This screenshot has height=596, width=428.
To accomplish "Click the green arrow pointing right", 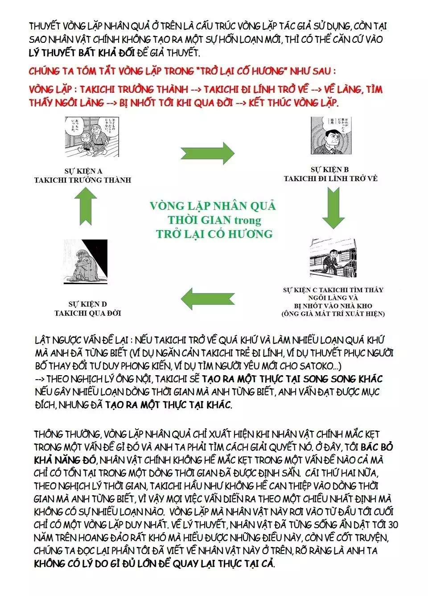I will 208,153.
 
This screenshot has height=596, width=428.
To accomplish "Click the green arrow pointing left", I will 208,298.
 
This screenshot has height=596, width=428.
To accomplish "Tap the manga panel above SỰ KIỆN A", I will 92,137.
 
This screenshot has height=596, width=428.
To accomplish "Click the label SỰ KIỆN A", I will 83,171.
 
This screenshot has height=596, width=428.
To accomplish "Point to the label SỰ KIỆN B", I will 330,170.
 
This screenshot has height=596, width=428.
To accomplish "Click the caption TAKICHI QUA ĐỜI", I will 88,313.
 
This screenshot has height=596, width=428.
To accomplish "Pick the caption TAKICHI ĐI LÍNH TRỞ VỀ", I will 330,178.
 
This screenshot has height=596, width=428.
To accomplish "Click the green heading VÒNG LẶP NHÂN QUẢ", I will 213,206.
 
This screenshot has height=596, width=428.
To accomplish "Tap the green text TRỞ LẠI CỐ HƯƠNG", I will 214,234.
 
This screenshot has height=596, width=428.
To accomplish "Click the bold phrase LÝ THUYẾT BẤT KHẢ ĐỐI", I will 82,53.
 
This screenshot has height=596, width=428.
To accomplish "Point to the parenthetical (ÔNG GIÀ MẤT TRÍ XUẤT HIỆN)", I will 333,314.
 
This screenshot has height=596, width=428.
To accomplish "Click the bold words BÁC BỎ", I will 377,447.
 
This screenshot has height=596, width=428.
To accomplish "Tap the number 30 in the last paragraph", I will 393,525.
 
